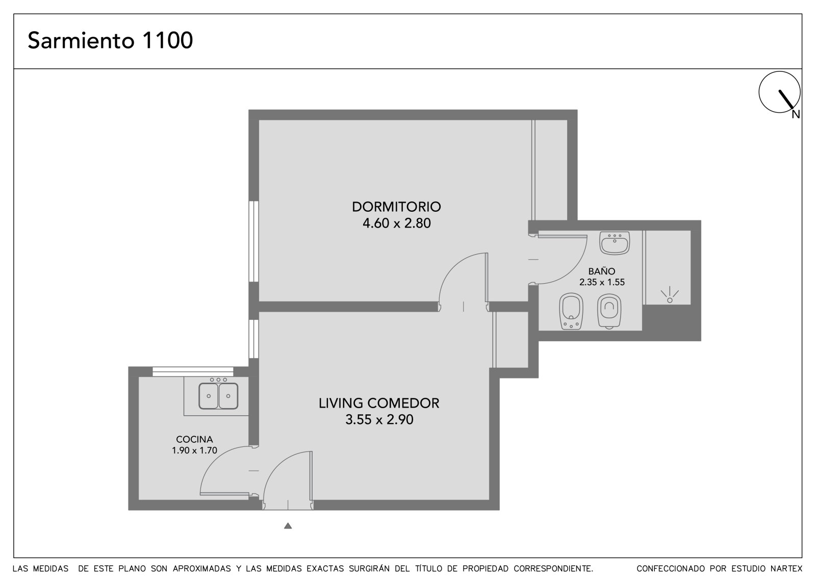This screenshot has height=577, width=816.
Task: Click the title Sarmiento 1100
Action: click(110, 40)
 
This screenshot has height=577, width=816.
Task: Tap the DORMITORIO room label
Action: click(396, 207)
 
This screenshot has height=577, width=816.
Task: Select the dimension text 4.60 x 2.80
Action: click(396, 223)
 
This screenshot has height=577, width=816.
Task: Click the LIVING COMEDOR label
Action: click(379, 403)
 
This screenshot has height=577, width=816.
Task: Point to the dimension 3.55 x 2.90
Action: click(379, 419)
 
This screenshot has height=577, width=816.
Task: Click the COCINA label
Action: click(194, 439)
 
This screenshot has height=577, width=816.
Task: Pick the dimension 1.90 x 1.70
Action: click(194, 450)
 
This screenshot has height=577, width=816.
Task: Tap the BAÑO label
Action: click(602, 271)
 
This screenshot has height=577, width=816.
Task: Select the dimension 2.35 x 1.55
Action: click(602, 282)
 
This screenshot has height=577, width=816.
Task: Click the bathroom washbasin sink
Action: click(615, 243)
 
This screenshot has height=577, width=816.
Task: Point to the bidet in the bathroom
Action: click(571, 311)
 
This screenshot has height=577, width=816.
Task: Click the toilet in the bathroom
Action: click(609, 311)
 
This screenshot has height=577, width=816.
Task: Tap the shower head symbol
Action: click(670, 295)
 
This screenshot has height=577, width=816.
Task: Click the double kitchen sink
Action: click(218, 396)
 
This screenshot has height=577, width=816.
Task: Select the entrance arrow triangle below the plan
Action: click(288, 525)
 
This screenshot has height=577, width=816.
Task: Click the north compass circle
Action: click(779, 92)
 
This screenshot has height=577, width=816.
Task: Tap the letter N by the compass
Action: click(796, 115)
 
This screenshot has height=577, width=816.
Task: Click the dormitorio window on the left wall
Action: click(254, 241)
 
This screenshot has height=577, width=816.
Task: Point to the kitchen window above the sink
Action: click(193, 372)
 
